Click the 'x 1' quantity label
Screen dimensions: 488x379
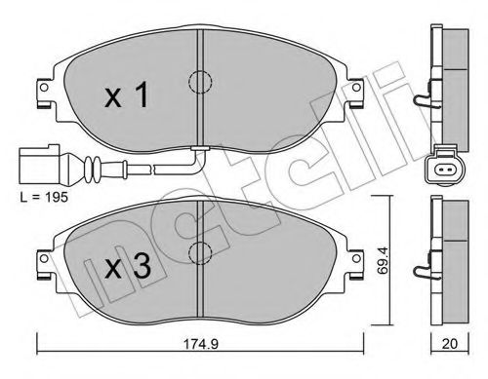(x=127, y=95)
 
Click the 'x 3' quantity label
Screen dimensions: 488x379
(x=128, y=266)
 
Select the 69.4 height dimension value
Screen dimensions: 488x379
(x=383, y=260)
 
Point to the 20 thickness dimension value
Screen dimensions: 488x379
(x=450, y=344)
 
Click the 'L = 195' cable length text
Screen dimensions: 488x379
(x=44, y=197)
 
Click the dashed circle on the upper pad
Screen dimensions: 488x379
(x=200, y=82)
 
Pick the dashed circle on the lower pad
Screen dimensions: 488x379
(x=200, y=252)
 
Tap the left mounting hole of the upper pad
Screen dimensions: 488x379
(x=44, y=87)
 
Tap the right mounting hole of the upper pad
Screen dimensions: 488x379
(x=356, y=87)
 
